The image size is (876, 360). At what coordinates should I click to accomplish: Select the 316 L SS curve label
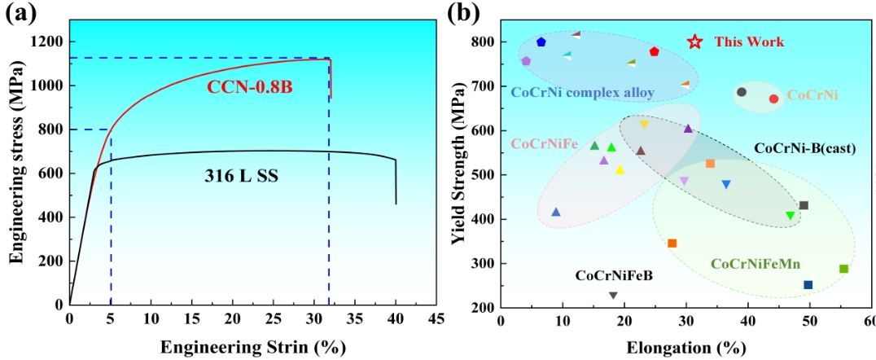(x=242, y=175)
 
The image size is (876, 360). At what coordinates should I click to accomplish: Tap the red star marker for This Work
(x=694, y=42)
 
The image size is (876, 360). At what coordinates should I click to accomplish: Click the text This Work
(x=749, y=42)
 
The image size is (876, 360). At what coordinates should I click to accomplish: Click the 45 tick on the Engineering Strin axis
(x=436, y=318)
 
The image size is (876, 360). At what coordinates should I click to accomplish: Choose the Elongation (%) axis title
(x=686, y=348)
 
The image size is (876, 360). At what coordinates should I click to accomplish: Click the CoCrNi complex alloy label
(x=582, y=93)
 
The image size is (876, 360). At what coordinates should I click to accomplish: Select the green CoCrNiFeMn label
(x=755, y=264)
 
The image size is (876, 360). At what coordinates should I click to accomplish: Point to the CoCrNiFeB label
(x=614, y=276)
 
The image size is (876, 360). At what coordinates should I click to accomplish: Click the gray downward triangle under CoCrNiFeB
(x=613, y=295)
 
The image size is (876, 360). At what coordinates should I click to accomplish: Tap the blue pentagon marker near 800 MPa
(x=541, y=42)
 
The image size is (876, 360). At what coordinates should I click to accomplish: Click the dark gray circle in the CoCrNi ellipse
(x=741, y=92)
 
